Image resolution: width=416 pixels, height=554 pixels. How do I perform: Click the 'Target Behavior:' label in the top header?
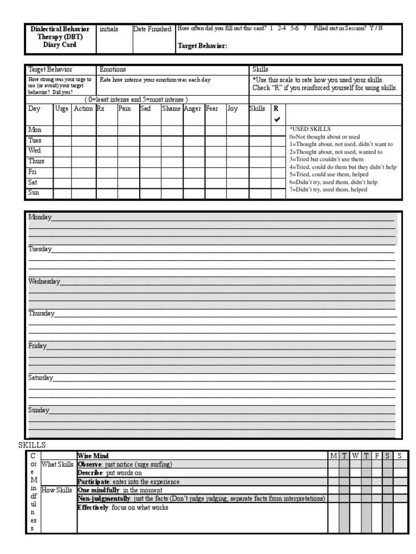(202, 47)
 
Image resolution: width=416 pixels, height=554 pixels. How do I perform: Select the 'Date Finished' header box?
(152, 29)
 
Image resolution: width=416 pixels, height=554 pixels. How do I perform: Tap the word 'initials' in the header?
(109, 29)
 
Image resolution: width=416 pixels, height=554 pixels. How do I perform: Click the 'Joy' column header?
(232, 109)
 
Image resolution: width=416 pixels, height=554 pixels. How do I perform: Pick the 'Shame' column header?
(172, 109)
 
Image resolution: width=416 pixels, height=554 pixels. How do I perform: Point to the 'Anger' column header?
(193, 109)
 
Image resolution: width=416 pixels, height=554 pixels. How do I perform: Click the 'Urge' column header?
(62, 109)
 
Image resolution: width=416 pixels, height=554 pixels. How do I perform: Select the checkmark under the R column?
(277, 120)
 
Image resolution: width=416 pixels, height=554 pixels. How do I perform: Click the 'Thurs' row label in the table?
(36, 161)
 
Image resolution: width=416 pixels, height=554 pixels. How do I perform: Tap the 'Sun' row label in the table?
(34, 193)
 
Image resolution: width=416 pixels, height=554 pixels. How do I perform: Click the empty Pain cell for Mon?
(128, 130)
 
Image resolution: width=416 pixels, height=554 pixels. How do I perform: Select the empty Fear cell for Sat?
(216, 183)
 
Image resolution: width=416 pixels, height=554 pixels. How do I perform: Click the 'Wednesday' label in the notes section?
(44, 282)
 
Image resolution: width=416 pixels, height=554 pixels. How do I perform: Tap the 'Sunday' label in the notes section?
(39, 410)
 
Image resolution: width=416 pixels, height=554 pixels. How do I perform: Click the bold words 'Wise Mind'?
(93, 456)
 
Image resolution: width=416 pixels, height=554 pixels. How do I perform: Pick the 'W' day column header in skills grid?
(355, 456)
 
